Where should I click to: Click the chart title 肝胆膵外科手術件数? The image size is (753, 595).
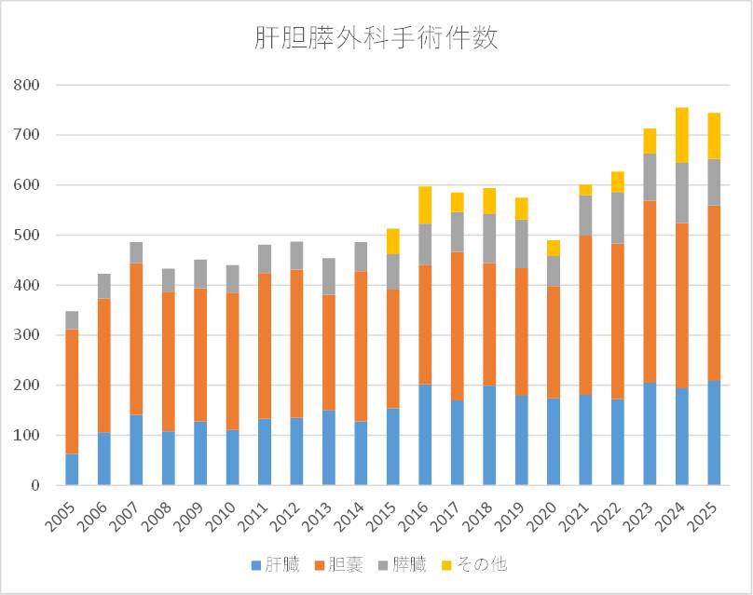pyautogui.click(x=376, y=37)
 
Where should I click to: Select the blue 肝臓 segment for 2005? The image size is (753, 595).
pyautogui.click(x=72, y=469)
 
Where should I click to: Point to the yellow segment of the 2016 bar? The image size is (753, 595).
pyautogui.click(x=425, y=205)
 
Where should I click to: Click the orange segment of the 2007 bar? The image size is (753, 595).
pyautogui.click(x=136, y=338)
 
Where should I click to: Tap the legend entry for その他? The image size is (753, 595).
pyautogui.click(x=481, y=564)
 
